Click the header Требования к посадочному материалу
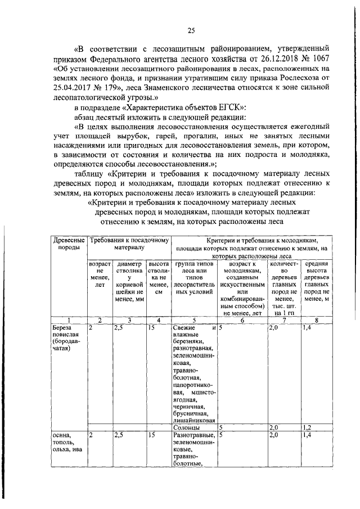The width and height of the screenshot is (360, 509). point(129,244)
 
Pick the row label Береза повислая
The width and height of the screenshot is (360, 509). point(67,337)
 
